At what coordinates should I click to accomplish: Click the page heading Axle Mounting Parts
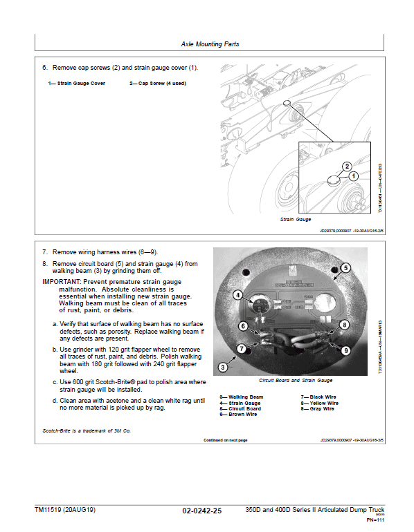(210, 44)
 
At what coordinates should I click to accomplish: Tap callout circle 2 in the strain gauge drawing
(347, 166)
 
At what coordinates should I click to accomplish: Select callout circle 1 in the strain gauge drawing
(354, 176)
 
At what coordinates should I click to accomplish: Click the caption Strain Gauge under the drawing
(296, 219)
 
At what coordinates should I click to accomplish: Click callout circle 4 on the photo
(238, 295)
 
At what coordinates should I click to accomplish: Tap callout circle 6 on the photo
(243, 325)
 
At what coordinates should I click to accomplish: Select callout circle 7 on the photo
(242, 349)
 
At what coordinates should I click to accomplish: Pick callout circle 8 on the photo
(344, 323)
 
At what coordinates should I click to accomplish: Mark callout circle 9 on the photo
(345, 351)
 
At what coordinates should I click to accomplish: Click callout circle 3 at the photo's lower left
(223, 366)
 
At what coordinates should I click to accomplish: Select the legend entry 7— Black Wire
(318, 397)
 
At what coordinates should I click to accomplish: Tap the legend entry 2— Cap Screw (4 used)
(157, 84)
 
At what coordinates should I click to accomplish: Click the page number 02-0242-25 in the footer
(202, 511)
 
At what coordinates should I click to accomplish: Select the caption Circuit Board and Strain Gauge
(296, 381)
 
